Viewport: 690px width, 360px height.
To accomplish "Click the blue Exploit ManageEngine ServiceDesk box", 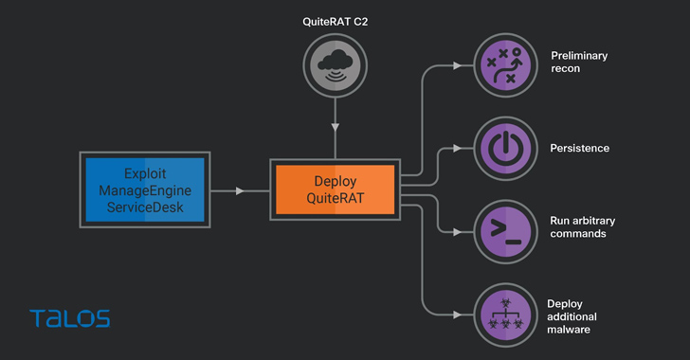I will [145, 190].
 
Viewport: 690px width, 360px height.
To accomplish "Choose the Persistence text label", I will [580, 149].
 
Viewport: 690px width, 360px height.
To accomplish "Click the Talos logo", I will [69, 318].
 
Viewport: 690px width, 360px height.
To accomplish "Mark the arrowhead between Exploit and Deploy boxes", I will [239, 191].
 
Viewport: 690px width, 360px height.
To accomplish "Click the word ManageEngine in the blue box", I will [145, 190].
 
